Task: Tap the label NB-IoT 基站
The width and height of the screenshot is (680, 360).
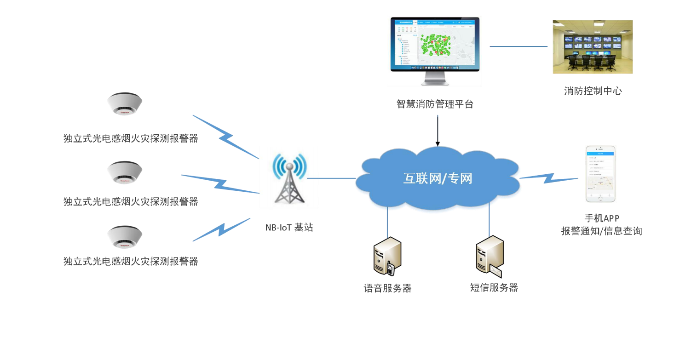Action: point(289,227)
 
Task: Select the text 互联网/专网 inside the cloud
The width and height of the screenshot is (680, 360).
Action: point(438,178)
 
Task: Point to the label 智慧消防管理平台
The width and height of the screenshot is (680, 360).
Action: point(435,104)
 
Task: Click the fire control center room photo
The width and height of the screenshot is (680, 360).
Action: point(593,47)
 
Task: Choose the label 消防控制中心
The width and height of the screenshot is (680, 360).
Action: point(593,91)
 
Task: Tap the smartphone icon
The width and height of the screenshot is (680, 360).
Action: point(600,174)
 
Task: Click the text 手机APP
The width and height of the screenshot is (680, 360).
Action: point(601,218)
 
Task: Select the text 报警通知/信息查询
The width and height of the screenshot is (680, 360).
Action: point(601,231)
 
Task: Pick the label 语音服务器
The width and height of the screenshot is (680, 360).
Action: point(387,288)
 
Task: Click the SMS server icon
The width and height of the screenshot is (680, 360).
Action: point(490,256)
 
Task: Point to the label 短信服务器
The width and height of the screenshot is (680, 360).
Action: point(494,288)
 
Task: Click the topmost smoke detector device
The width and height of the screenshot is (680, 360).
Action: point(125,105)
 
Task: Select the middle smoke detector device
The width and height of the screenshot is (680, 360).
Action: point(125,172)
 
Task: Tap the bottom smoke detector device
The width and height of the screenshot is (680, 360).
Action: point(125,236)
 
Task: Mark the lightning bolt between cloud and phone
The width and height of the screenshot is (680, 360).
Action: point(548,177)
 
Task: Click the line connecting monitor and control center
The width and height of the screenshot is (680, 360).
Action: point(519,46)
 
